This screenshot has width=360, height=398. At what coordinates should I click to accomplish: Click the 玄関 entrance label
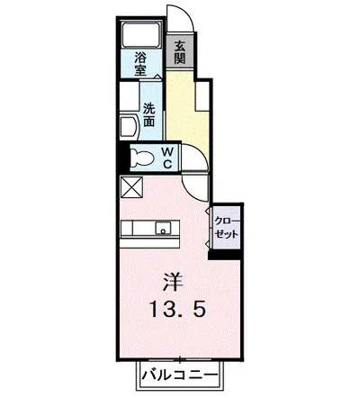pyautogui.click(x=180, y=52)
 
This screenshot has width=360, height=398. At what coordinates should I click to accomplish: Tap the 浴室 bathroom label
pyautogui.click(x=140, y=64)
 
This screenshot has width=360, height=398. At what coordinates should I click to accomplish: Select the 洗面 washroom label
pyautogui.click(x=148, y=115)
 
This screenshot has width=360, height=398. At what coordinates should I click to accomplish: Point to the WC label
pyautogui.click(x=168, y=158)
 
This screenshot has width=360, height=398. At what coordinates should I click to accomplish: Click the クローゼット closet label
pyautogui.click(x=227, y=228)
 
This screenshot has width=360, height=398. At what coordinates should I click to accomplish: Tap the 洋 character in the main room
pyautogui.click(x=173, y=282)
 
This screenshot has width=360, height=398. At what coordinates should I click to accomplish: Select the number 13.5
pyautogui.click(x=178, y=309)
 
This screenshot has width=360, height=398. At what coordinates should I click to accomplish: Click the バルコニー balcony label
pyautogui.click(x=179, y=375)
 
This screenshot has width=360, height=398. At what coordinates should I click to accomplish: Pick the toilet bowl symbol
pyautogui.click(x=142, y=158)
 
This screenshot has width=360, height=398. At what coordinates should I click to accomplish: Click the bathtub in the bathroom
pyautogui.click(x=140, y=34)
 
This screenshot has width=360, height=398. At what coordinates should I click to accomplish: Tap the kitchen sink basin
pyautogui.click(x=163, y=228)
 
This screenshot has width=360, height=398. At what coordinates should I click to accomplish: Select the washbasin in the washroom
pyautogui.click(x=129, y=126)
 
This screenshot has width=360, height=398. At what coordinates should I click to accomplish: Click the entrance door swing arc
pyautogui.click(x=188, y=14)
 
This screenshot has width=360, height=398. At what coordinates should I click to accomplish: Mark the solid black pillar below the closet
pyautogui.click(x=225, y=254)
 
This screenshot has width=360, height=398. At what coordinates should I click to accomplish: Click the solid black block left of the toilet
pyautogui.click(x=123, y=158)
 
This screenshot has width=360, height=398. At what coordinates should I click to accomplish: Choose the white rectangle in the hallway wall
pyautogui.click(x=202, y=95)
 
